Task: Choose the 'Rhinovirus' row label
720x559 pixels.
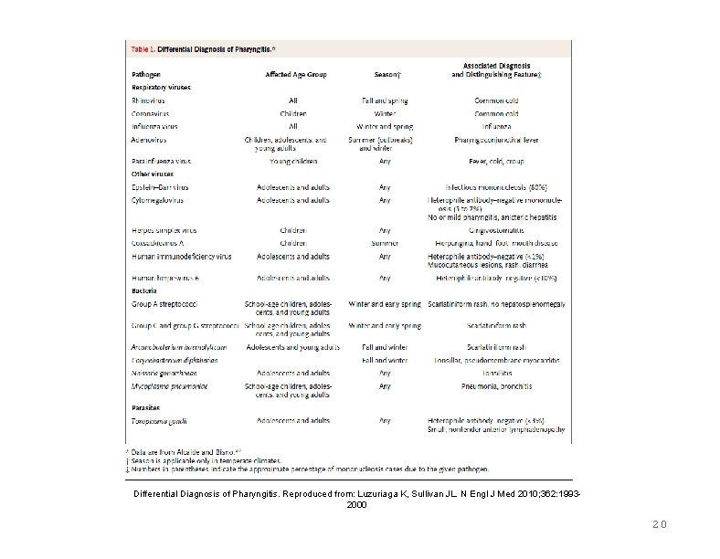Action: click(149, 100)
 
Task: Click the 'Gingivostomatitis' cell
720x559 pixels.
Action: click(499, 230)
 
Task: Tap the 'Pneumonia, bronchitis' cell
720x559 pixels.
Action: click(499, 386)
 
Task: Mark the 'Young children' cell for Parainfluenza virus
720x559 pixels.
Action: click(295, 158)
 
